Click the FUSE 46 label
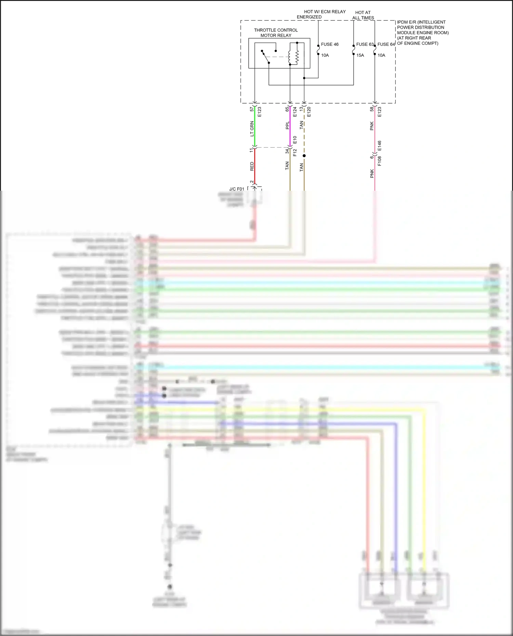329,44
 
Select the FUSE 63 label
365,44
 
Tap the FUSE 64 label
386,44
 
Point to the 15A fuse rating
360,55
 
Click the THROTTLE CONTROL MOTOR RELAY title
276,33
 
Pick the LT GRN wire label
252,128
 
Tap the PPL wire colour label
287,125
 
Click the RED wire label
252,166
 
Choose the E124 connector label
295,112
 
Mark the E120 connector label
309,112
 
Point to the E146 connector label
379,146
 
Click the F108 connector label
379,161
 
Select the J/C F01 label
237,189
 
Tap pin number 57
252,109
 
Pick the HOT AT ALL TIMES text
363,15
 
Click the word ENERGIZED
309,17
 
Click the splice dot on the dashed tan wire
304,156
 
